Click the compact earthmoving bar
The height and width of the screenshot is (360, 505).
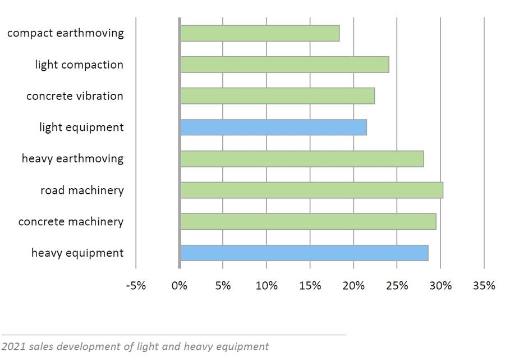coord(259,33)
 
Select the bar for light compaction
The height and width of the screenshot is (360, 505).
coord(284,65)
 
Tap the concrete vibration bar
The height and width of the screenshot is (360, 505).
coord(277,96)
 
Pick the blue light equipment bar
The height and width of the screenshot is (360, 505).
coord(273,127)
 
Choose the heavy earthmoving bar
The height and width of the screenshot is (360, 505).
coord(301,159)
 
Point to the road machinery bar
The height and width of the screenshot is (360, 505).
coord(311,190)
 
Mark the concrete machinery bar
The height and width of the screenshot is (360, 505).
coord(307,222)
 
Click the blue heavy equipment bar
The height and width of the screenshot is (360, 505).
coord(304,253)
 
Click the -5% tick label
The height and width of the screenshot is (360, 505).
coord(136,285)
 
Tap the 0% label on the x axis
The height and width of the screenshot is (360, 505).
coord(180,285)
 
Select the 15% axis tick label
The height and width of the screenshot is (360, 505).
coord(310,285)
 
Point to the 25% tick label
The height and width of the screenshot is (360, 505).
coord(397,285)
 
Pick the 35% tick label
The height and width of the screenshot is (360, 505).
coord(484,285)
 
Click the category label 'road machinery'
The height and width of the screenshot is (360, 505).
coord(82,190)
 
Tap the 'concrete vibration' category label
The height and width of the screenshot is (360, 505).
coord(75,96)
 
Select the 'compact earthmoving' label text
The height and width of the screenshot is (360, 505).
coord(65,33)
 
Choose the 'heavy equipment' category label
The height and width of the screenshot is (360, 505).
coord(77,253)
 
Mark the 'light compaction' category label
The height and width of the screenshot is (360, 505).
coord(79,65)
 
